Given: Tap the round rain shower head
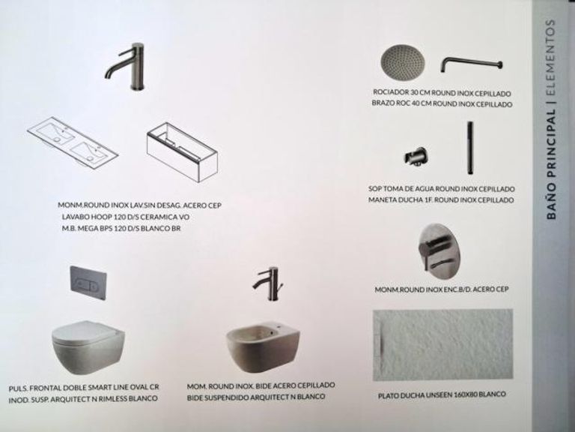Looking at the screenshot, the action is click(x=403, y=62).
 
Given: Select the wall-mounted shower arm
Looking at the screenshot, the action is click(x=471, y=64).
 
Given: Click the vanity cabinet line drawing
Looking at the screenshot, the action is click(x=182, y=152).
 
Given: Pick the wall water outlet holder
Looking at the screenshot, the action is click(x=416, y=158).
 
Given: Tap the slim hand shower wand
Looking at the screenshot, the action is click(x=469, y=148).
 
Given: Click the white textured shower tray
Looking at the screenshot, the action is click(x=443, y=345).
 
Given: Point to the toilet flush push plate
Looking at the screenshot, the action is click(x=88, y=283).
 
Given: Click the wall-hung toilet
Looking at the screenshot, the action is click(x=88, y=347).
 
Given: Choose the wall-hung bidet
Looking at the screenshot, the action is click(x=263, y=347).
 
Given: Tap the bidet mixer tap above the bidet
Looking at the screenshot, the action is click(x=270, y=283).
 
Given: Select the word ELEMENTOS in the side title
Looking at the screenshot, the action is click(x=550, y=58).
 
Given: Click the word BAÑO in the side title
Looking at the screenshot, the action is click(x=551, y=205).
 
